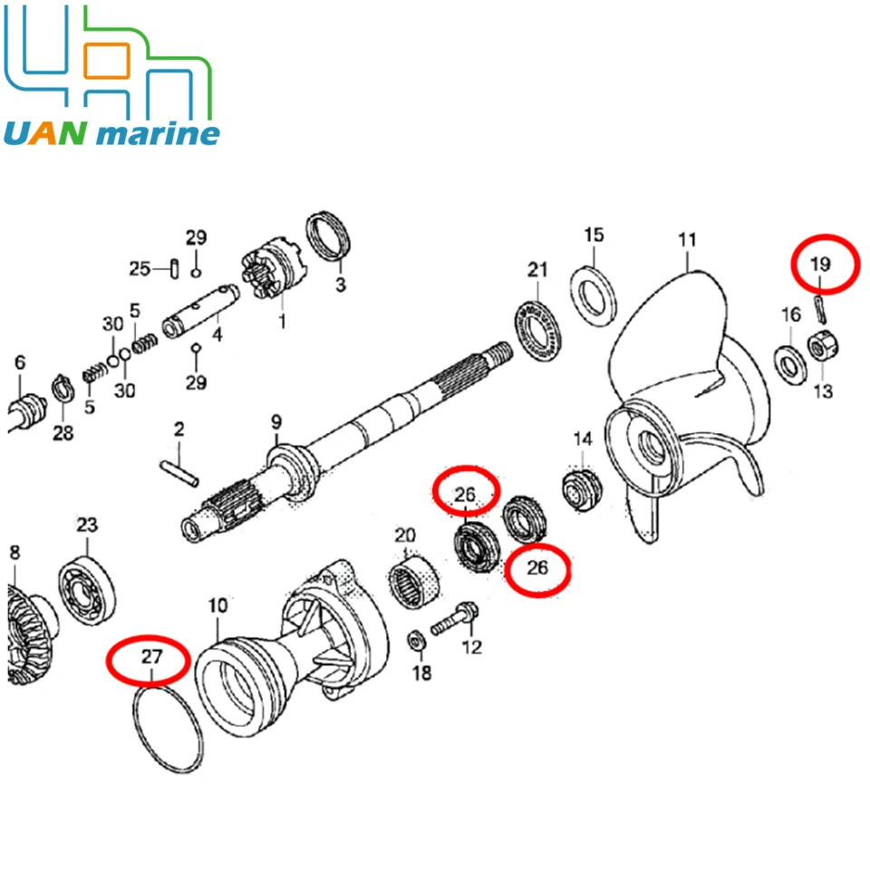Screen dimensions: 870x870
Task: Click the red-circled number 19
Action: [x=820, y=265]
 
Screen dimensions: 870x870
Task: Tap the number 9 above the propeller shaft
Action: [x=276, y=421]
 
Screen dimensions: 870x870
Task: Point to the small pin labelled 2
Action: [x=179, y=470]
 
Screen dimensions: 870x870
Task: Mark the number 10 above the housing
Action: [x=218, y=604]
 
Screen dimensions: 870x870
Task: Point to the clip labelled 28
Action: [x=61, y=391]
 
